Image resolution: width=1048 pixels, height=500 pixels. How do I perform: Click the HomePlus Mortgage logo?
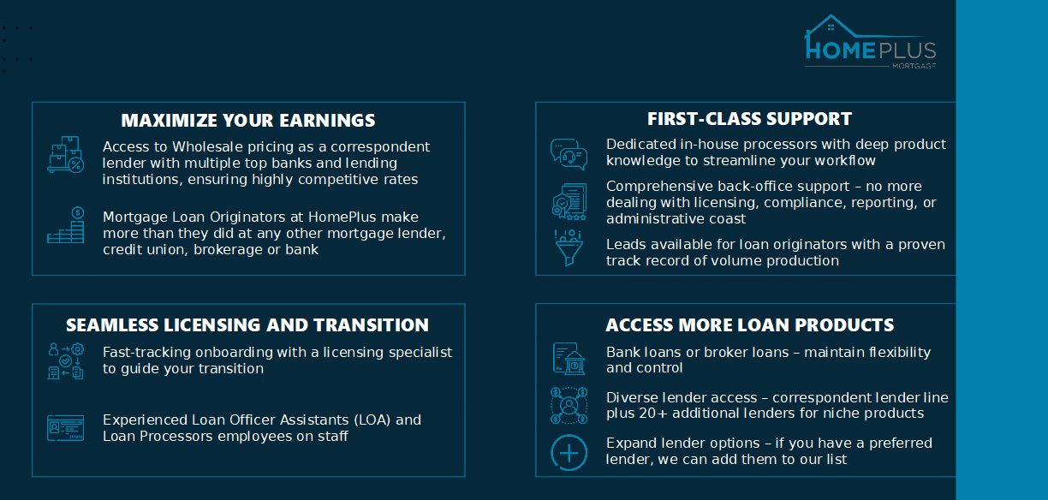pyautogui.click(x=870, y=42)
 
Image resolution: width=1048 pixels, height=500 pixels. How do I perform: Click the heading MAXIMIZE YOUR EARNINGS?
pyautogui.click(x=248, y=121)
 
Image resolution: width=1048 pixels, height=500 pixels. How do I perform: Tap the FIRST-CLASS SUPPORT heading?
pyautogui.click(x=749, y=119)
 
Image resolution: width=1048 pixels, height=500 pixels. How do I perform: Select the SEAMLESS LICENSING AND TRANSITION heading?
pyautogui.click(x=247, y=325)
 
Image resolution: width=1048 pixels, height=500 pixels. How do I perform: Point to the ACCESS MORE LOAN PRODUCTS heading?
pyautogui.click(x=749, y=325)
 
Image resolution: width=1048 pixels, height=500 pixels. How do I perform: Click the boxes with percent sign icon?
pyautogui.click(x=65, y=155)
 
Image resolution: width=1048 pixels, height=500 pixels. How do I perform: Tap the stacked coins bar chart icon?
pyautogui.click(x=65, y=225)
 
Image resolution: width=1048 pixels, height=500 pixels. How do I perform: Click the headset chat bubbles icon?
pyautogui.click(x=569, y=154)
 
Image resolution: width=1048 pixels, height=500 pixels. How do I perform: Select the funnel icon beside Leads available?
pyautogui.click(x=569, y=248)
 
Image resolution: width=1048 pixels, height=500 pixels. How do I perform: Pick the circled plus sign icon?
pyautogui.click(x=569, y=452)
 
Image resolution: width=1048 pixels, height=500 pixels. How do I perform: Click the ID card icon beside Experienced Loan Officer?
pyautogui.click(x=65, y=428)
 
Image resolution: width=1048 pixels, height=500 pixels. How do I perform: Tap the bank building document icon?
pyautogui.click(x=569, y=359)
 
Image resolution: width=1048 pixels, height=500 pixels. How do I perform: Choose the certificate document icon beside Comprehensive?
pyautogui.click(x=569, y=202)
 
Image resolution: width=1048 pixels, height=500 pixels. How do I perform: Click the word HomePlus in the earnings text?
pyautogui.click(x=342, y=217)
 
